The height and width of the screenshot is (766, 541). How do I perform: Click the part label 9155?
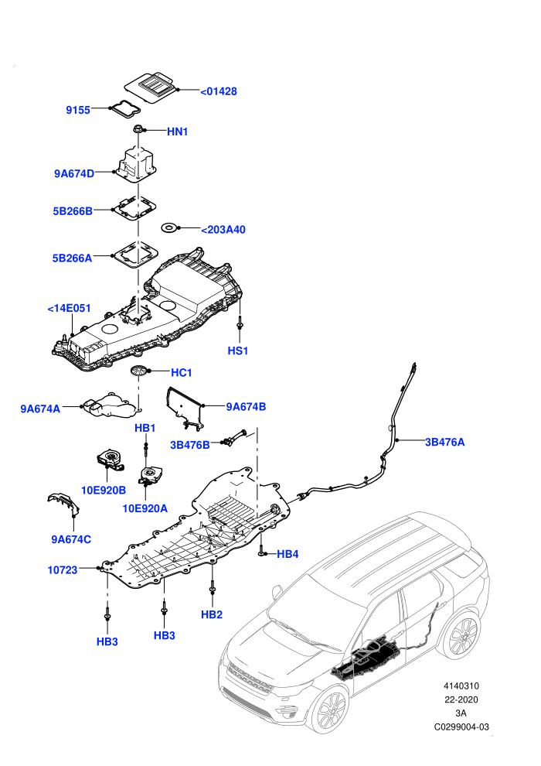[78, 110]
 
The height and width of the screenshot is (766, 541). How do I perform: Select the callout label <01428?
[219, 91]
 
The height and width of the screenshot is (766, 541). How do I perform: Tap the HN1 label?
[178, 132]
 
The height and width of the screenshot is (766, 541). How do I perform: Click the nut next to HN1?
[138, 129]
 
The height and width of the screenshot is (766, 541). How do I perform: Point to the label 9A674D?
[74, 173]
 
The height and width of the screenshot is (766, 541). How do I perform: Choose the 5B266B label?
[73, 211]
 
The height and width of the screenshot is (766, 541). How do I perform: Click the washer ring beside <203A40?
[169, 227]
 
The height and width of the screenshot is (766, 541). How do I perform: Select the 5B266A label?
[72, 258]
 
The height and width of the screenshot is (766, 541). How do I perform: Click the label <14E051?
[70, 308]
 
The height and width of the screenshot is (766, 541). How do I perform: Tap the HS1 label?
[238, 351]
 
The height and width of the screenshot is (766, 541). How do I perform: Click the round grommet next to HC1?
[138, 371]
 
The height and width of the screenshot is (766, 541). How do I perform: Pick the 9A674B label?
[246, 406]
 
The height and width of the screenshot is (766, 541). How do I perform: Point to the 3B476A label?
[445, 442]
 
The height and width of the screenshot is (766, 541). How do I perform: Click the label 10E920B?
[104, 490]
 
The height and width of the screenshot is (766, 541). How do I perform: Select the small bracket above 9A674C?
[63, 504]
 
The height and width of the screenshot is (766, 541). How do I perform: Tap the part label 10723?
[63, 569]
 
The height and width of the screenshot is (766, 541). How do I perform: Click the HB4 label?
[288, 554]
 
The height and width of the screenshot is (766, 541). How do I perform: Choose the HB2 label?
[212, 614]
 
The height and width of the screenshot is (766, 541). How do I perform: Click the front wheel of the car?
[332, 711]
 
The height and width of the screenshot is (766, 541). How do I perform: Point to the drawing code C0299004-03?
[461, 727]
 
